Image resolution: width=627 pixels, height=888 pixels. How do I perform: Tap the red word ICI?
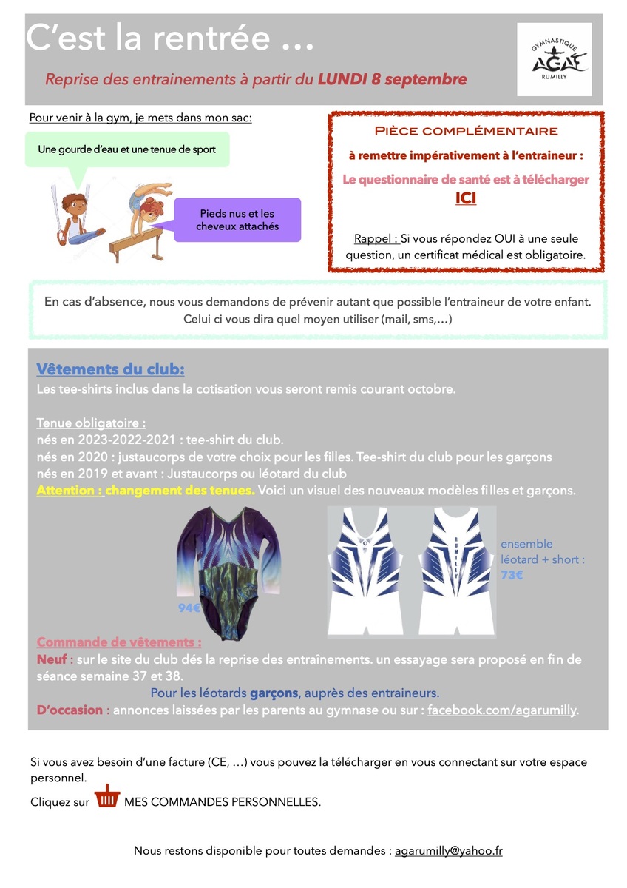(466, 198)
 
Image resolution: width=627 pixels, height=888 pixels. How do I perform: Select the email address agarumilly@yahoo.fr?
(449, 851)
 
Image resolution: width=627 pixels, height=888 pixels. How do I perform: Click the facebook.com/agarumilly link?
(503, 710)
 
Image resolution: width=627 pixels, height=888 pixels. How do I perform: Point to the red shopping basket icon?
(107, 797)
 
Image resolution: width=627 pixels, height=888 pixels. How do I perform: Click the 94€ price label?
(189, 608)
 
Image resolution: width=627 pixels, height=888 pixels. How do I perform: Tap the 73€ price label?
(512, 574)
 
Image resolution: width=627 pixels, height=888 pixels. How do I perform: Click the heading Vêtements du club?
(110, 369)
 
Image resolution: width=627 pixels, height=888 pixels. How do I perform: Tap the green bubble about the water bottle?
(126, 149)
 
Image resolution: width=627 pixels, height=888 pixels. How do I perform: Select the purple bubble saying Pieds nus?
(237, 220)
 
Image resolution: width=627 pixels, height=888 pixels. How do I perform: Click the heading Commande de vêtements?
(118, 642)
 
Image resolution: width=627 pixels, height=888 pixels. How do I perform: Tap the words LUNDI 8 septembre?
(392, 79)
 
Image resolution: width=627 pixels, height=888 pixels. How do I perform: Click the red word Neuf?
(51, 659)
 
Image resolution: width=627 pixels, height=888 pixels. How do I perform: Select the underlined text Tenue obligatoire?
(90, 423)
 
